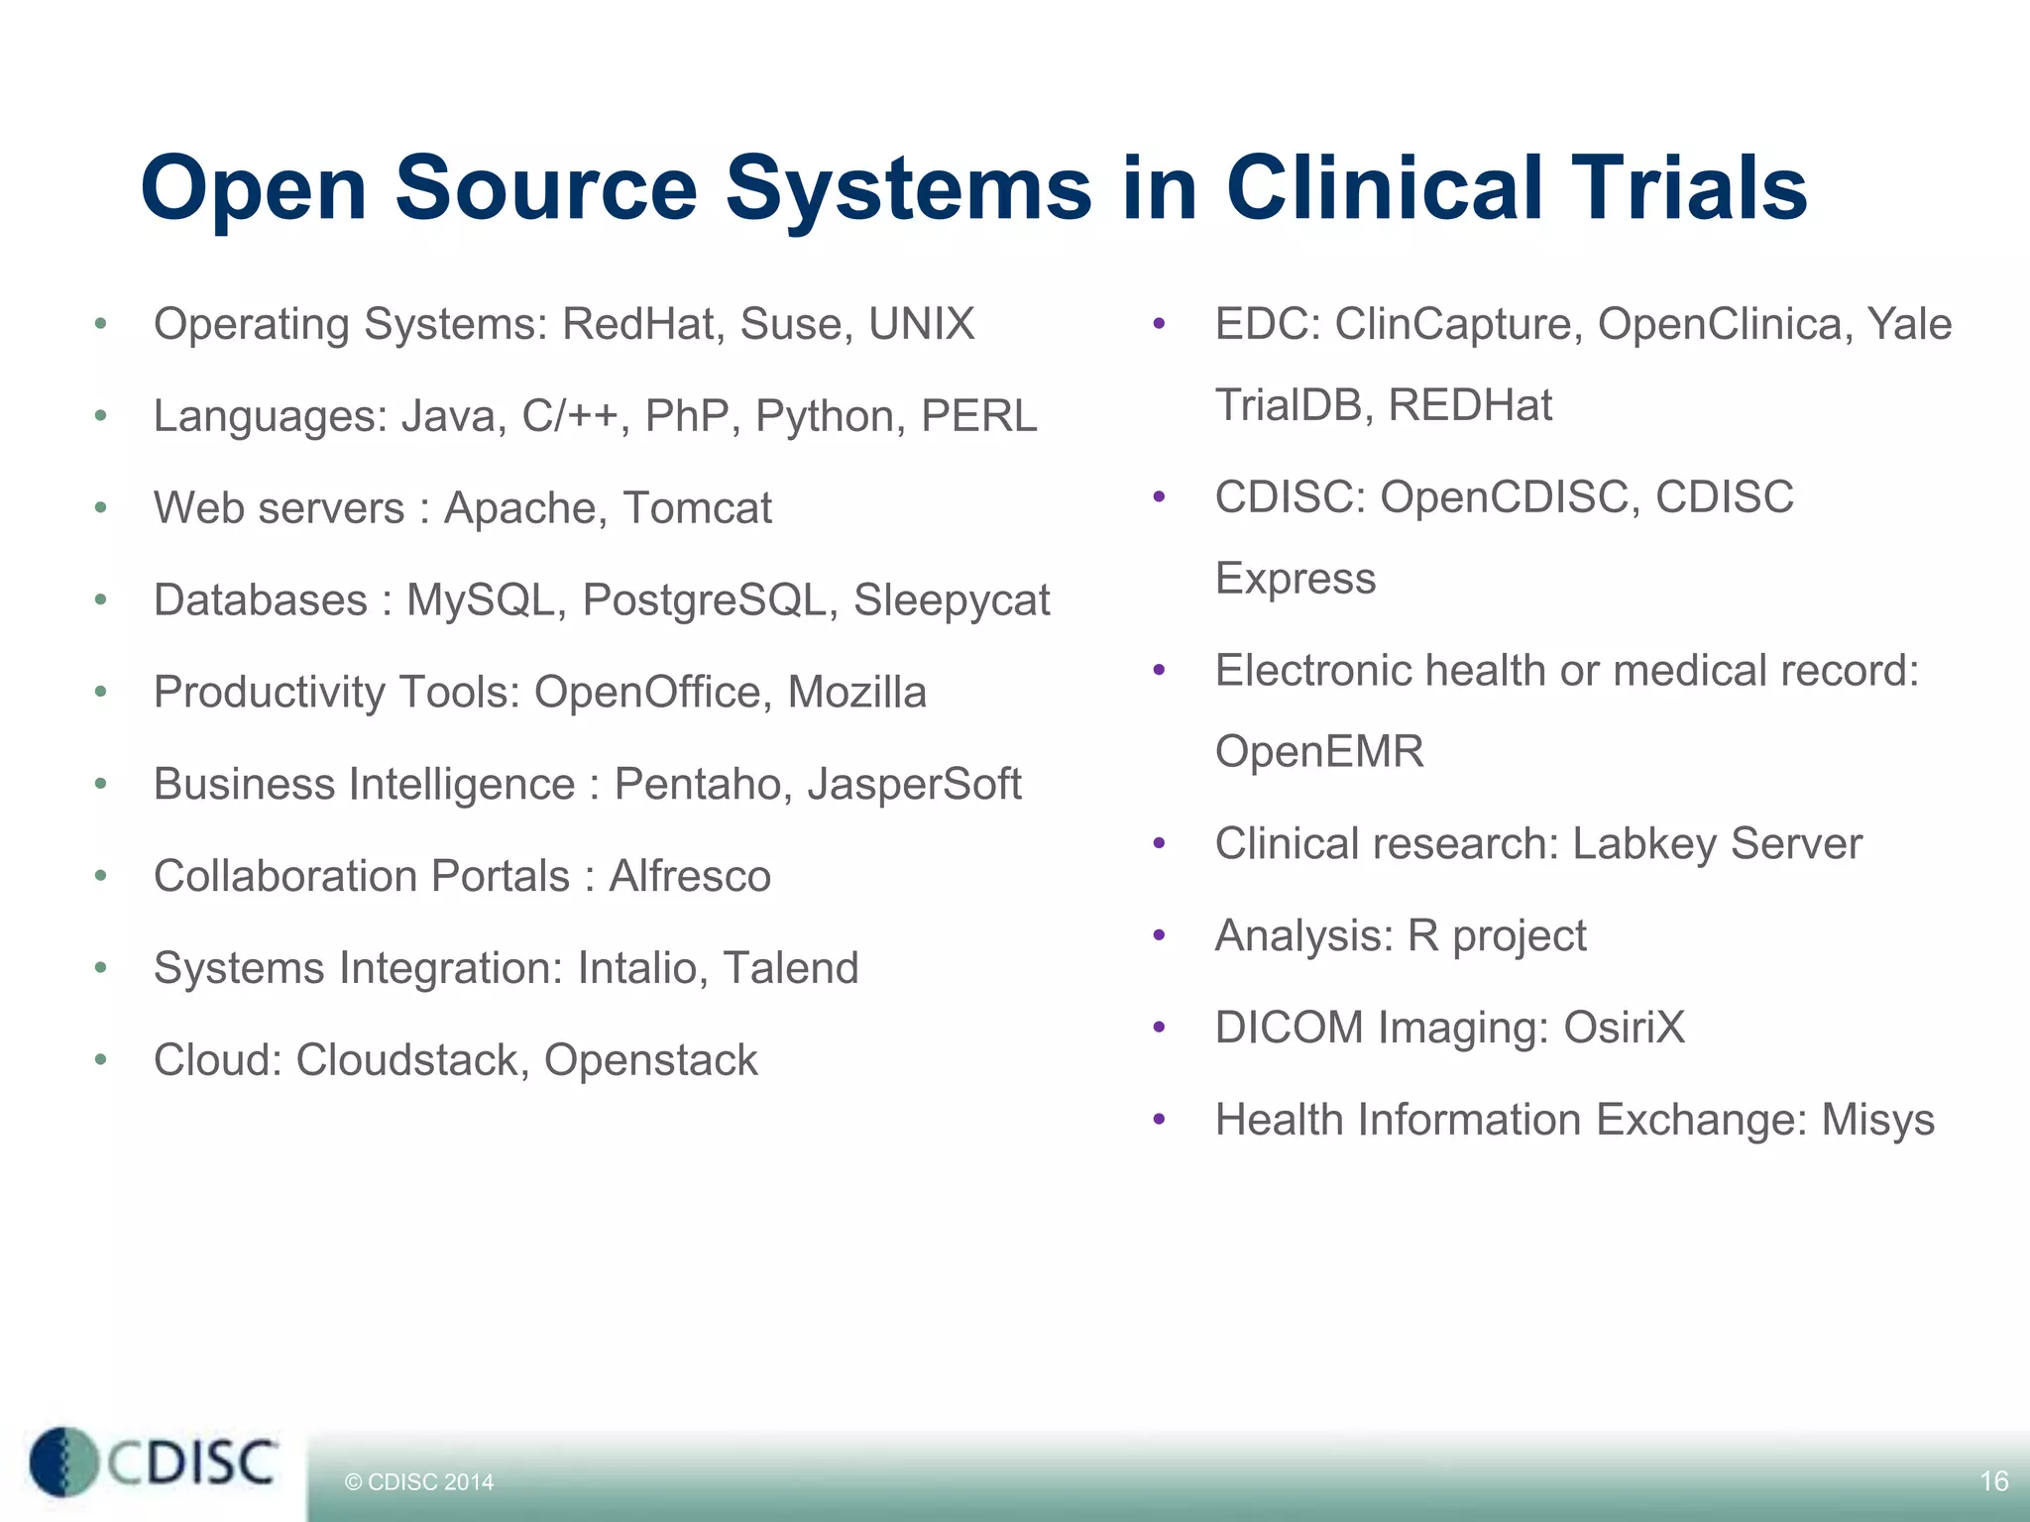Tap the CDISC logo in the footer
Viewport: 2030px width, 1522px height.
(154, 1463)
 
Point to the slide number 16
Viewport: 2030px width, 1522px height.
(1993, 1481)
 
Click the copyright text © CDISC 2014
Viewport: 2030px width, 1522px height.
(418, 1482)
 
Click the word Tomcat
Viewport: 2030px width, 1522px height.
(697, 508)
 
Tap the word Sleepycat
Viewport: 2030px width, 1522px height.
(951, 600)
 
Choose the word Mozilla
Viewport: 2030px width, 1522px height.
(856, 693)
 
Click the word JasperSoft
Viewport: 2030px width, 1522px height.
(913, 785)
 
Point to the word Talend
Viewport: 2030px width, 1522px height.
(790, 968)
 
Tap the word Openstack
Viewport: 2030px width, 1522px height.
(650, 1060)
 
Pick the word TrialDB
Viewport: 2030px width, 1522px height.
(1288, 405)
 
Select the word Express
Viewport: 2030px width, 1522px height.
(1296, 579)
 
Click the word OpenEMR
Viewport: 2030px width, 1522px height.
(1319, 752)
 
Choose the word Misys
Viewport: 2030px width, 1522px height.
(1877, 1121)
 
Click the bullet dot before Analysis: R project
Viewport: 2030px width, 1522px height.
(1159, 935)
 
